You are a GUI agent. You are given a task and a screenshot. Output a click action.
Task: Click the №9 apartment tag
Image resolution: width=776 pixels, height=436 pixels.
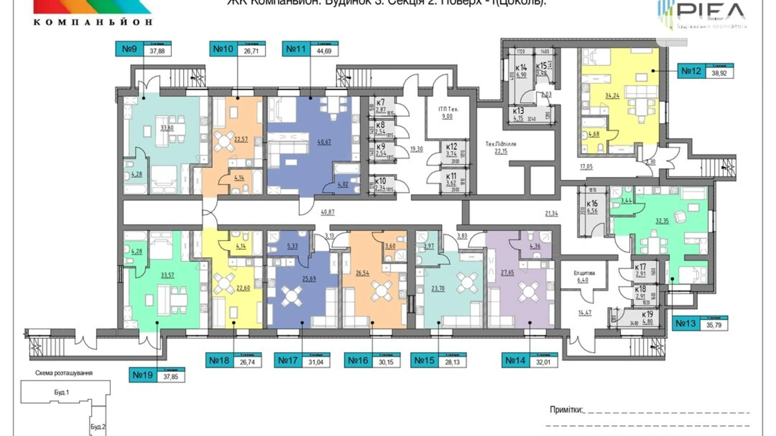130,49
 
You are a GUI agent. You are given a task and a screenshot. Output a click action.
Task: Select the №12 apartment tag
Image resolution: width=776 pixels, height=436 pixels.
691,71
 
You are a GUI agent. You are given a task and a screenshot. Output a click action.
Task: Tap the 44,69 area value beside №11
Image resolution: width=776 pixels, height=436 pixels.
324,51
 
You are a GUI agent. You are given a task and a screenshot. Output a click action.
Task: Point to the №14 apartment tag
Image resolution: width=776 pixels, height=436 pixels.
516,361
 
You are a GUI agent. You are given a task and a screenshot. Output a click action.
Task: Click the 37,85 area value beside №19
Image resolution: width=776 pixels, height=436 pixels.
171,376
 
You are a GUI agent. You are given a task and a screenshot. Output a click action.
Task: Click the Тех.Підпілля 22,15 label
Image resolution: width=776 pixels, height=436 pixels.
501,147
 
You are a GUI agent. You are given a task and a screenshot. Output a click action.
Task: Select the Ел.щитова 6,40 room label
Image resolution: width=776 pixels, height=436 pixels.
584,276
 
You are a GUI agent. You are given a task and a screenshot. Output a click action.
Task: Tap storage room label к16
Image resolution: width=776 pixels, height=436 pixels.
592,204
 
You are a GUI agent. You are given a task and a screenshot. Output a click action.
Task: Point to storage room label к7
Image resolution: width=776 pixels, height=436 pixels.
380,103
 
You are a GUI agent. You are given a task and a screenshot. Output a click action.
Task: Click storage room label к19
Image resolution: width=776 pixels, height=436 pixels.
647,314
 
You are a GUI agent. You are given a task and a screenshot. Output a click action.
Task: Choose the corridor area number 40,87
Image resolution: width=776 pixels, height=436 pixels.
328,212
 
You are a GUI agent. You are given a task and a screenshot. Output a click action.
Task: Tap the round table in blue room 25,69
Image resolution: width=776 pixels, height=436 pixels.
291,296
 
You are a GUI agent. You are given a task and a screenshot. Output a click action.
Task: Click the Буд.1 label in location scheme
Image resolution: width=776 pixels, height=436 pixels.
62,392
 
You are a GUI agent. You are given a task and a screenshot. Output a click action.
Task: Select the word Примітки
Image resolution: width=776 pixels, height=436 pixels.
566,410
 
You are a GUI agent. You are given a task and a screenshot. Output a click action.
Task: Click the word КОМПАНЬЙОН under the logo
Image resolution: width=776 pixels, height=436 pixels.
93,22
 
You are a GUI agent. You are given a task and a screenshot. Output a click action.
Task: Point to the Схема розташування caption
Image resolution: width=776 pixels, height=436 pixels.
64,373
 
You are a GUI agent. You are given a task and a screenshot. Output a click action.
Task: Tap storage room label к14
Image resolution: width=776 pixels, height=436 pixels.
521,68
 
